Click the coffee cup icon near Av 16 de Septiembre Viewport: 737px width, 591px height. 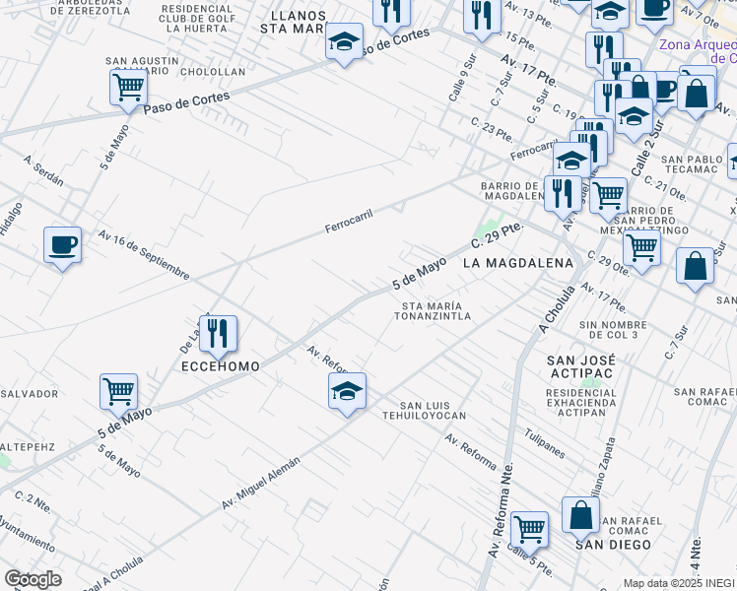[62, 243]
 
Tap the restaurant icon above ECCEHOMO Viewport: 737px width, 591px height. [218, 333]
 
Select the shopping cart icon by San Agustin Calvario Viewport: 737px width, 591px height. [129, 88]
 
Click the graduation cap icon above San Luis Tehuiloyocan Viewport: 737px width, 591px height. [347, 391]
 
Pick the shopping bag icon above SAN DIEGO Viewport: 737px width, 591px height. [580, 514]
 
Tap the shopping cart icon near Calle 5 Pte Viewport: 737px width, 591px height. [529, 529]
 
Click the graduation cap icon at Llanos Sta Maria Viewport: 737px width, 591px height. [344, 42]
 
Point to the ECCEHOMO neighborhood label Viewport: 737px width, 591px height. [221, 366]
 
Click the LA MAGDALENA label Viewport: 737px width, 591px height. [517, 263]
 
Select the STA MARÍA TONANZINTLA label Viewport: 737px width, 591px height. [428, 311]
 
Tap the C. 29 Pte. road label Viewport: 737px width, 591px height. [496, 235]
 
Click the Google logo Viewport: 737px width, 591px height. [33, 578]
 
